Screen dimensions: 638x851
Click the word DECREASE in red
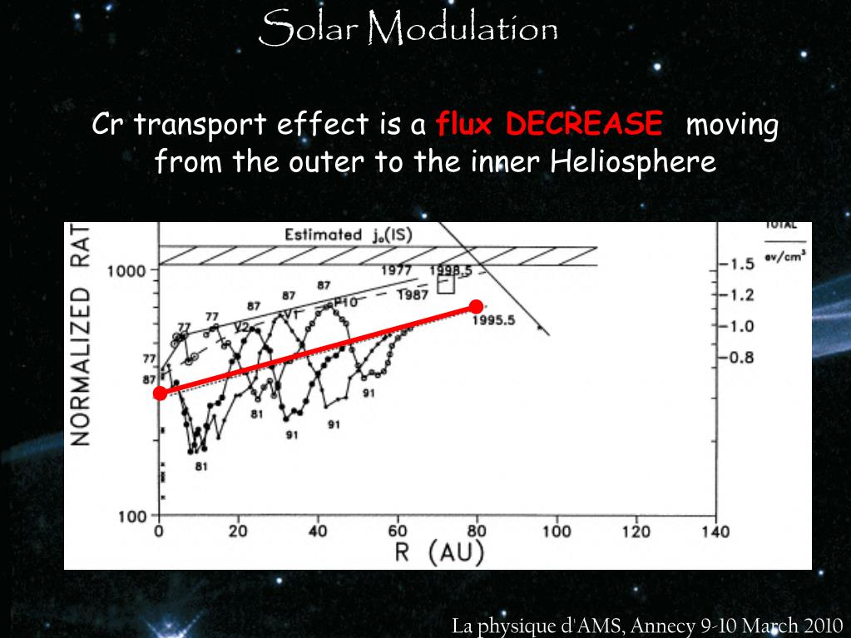585,125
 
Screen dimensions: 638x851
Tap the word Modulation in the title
462,31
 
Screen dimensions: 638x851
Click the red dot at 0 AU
160,393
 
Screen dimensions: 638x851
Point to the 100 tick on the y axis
131,516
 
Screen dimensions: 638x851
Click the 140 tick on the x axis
715,532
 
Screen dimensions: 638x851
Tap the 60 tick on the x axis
398,532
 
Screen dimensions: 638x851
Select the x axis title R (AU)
438,553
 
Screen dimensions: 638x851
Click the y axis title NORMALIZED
80,367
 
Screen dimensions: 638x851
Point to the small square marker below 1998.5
447,284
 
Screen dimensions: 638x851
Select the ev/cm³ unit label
786,256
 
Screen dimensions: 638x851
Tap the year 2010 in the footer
819,626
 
